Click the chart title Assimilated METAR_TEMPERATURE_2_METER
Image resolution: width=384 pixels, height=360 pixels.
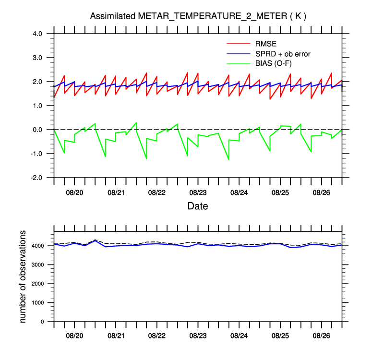click(198, 16)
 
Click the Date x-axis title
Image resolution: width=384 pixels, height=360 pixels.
click(198, 206)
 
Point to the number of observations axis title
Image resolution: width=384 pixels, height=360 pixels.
click(23, 276)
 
